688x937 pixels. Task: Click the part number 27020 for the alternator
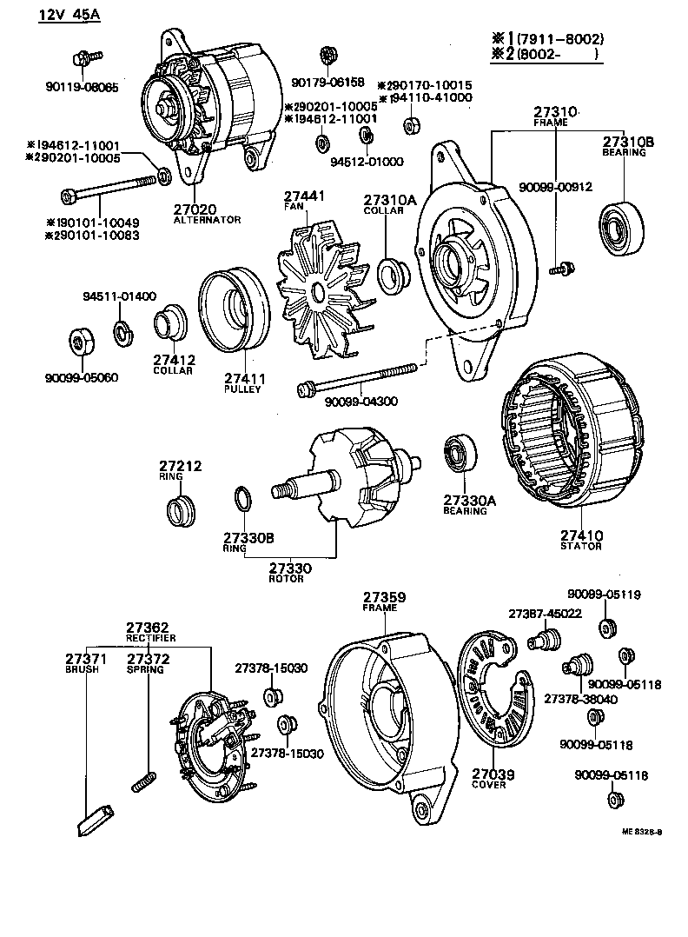pyautogui.click(x=195, y=209)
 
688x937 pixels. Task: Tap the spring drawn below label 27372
pyautogui.click(x=145, y=781)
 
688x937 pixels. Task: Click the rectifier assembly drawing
pyautogui.click(x=214, y=742)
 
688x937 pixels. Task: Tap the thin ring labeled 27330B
pyautogui.click(x=244, y=502)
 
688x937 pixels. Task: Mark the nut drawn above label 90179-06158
pyautogui.click(x=327, y=56)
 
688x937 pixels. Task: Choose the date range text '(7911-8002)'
pyautogui.click(x=560, y=39)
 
